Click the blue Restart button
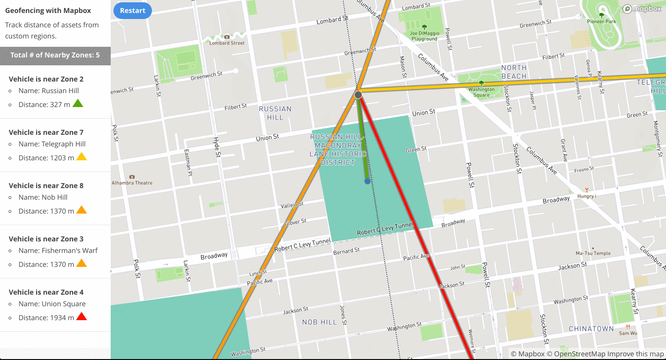pos(132,11)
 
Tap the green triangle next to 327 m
pos(78,104)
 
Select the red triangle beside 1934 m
pos(82,317)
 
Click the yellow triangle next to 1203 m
pos(82,157)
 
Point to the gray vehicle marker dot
pos(358,95)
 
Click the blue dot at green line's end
pos(367,181)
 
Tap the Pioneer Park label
pos(601,21)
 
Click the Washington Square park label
pos(481,92)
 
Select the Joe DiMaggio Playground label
pos(424,36)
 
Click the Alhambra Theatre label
pos(132,183)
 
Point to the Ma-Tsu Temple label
pos(593,253)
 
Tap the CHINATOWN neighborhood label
pos(591,328)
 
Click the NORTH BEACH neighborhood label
pos(514,72)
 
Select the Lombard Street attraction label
pos(227,43)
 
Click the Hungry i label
pos(586,196)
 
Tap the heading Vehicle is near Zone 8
pos(46,185)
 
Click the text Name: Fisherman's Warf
pos(58,250)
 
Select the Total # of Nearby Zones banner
pos(55,55)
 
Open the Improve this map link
pos(635,354)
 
